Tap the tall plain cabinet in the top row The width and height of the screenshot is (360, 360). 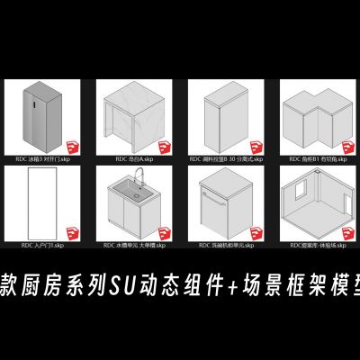tap(216, 116)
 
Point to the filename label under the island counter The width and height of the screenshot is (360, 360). tap(135, 159)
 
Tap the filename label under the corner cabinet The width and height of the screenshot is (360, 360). tap(310, 159)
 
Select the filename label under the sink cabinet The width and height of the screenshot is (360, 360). tap(135, 245)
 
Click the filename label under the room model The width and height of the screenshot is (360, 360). tap(310, 245)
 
